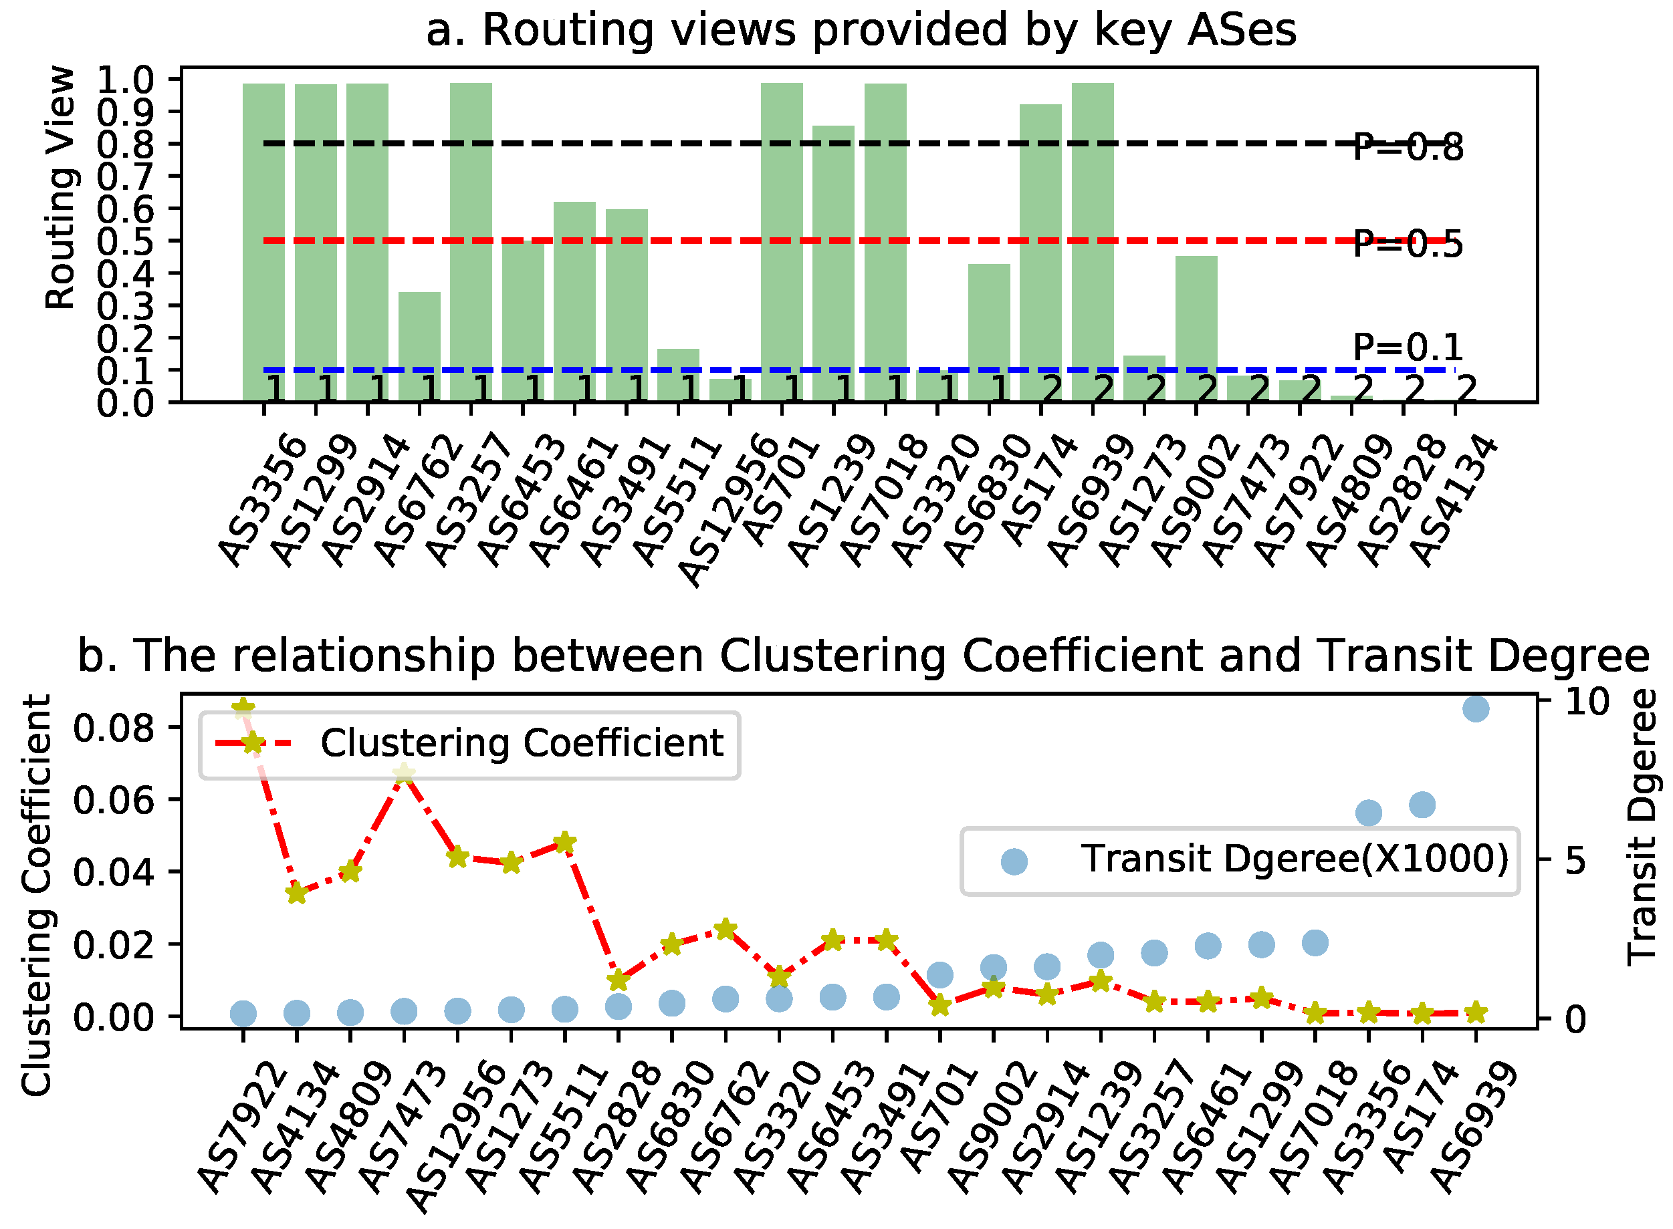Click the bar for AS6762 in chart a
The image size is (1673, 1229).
pyautogui.click(x=419, y=347)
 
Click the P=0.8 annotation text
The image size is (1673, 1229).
pyautogui.click(x=1407, y=147)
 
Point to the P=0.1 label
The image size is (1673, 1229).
pyautogui.click(x=1407, y=347)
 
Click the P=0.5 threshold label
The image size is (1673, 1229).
pyautogui.click(x=1407, y=244)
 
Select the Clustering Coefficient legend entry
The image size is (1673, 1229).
pyautogui.click(x=521, y=743)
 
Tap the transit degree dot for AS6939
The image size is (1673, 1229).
pyautogui.click(x=1475, y=708)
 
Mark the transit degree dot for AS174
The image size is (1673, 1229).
pyautogui.click(x=1422, y=804)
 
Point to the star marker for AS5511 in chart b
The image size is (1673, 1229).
pyautogui.click(x=564, y=843)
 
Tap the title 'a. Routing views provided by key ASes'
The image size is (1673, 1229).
pyautogui.click(x=861, y=31)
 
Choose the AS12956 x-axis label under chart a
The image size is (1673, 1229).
pyautogui.click(x=726, y=513)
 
